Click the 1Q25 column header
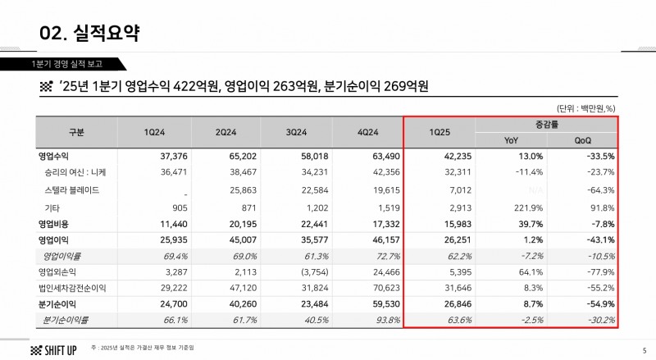pyautogui.click(x=440, y=132)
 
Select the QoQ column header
pyautogui.click(x=583, y=140)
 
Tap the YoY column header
pyautogui.click(x=511, y=140)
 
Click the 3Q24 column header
pyautogui.click(x=298, y=132)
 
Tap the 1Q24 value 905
pyautogui.click(x=166, y=207)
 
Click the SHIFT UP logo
pyautogui.click(x=54, y=349)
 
